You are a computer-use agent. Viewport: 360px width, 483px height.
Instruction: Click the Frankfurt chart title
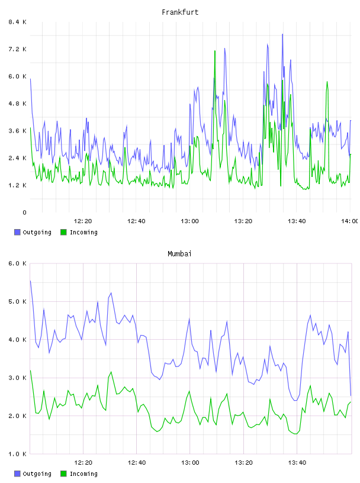pos(180,12)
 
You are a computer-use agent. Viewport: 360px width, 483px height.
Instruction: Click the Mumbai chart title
pos(179,254)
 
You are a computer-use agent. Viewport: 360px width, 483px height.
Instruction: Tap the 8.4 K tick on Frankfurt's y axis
pos(17,22)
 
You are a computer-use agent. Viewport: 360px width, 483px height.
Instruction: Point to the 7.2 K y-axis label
pos(17,49)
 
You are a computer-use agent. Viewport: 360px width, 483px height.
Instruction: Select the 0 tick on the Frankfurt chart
pos(24,212)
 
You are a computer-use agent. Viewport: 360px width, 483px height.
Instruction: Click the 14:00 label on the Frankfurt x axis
pos(350,221)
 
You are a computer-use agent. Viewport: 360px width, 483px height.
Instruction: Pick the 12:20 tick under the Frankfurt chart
pos(83,221)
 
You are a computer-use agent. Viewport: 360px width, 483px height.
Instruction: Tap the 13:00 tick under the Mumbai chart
pos(190,463)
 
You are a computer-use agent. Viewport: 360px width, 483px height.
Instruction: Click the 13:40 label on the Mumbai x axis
pos(297,463)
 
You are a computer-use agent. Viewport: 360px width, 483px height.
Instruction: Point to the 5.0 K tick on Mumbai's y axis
pos(17,301)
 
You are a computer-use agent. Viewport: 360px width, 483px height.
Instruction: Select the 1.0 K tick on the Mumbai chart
pos(17,454)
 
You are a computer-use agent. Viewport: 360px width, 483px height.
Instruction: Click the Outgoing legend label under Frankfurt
pos(37,232)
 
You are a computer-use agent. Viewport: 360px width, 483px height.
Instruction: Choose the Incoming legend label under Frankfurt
pos(83,232)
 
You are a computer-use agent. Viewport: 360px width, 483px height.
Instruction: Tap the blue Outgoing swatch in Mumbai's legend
pos(17,474)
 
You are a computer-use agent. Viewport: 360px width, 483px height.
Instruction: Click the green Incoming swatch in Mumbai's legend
pos(63,474)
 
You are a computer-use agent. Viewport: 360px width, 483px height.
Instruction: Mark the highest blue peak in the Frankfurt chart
pos(282,34)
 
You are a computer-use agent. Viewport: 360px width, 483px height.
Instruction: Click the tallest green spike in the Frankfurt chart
pos(215,51)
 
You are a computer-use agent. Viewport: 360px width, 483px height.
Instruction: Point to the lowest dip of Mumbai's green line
pos(295,434)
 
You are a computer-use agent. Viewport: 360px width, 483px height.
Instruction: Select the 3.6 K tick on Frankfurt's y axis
pos(17,131)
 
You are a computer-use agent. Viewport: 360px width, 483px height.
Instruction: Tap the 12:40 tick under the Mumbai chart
pos(137,463)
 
